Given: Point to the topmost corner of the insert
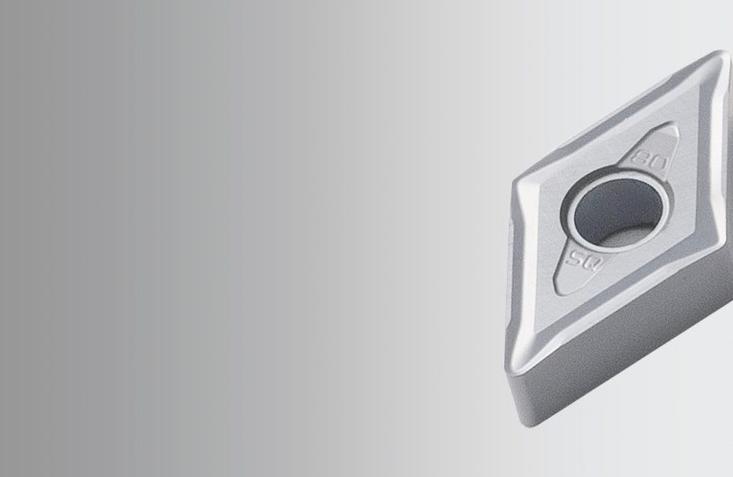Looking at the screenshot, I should [x=720, y=55].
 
